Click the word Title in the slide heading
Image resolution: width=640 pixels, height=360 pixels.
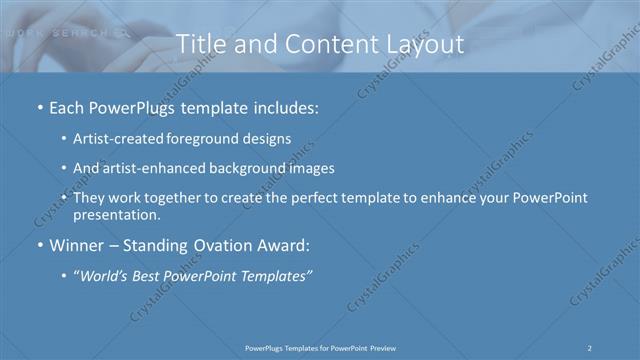point(200,44)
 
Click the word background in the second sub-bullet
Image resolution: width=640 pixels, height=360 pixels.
point(250,168)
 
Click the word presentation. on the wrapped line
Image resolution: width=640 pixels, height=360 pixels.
point(117,215)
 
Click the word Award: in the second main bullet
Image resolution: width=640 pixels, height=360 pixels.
point(284,245)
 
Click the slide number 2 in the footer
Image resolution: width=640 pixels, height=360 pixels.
point(591,348)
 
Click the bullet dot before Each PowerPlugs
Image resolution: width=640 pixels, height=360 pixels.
point(38,106)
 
